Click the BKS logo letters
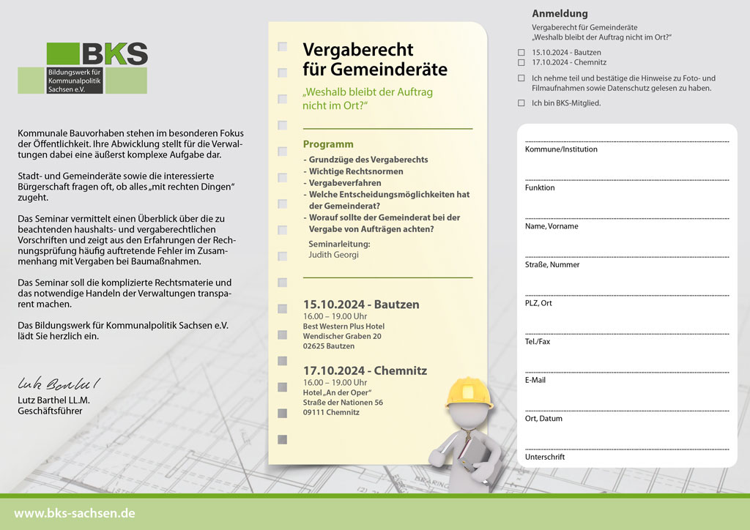click(115, 53)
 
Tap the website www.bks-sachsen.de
click(75, 513)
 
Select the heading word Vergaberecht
click(358, 50)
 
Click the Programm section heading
click(328, 144)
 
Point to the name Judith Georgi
click(334, 255)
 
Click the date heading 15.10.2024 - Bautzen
click(361, 304)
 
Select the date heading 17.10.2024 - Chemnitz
click(365, 370)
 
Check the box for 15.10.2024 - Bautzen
click(521, 53)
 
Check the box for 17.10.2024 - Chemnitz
click(521, 62)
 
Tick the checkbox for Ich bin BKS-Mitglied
click(521, 103)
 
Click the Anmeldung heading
click(560, 13)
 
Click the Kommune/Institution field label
click(561, 149)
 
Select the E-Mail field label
click(535, 380)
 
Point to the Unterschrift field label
click(545, 457)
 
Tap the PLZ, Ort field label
click(538, 303)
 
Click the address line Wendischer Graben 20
click(342, 336)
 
